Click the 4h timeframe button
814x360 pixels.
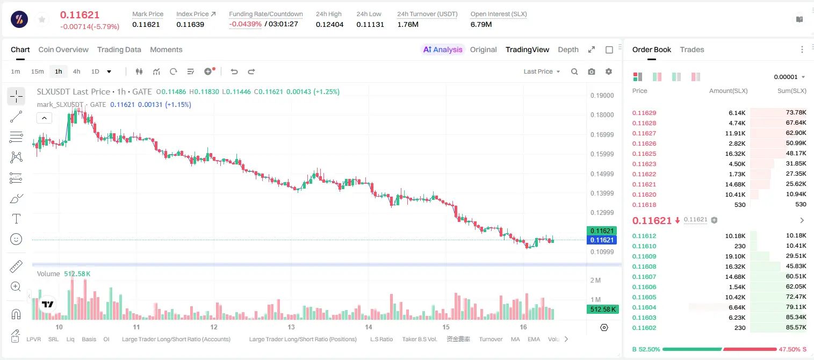(76, 71)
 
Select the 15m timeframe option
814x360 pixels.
(38, 71)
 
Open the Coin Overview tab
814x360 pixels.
(63, 49)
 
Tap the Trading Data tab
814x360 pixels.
(119, 49)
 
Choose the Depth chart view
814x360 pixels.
(568, 49)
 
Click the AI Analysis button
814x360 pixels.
(443, 49)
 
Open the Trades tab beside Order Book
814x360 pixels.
(692, 49)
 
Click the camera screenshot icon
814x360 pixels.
(592, 71)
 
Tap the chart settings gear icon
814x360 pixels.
(609, 71)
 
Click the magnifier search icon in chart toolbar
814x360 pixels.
(574, 71)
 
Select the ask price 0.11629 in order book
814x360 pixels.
(644, 113)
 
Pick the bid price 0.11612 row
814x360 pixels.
(644, 236)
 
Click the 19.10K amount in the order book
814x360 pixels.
(735, 256)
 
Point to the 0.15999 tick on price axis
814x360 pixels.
(602, 154)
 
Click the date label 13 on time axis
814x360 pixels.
(291, 327)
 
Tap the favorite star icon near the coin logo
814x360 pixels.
(42, 19)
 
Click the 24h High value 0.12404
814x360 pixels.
(329, 24)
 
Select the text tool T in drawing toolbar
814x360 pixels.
(16, 219)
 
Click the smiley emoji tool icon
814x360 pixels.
(16, 239)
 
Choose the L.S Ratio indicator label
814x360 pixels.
(381, 339)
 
